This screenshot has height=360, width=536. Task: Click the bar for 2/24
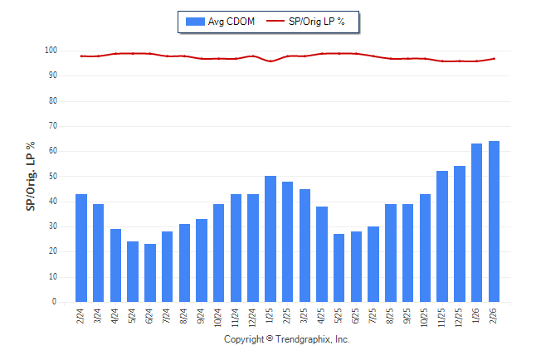(81, 248)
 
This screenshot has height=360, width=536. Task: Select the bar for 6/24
(150, 273)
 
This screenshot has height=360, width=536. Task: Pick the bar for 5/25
(339, 268)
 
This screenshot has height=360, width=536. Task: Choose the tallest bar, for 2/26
(495, 221)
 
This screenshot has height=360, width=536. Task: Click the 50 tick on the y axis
(52, 177)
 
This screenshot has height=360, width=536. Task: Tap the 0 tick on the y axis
(54, 303)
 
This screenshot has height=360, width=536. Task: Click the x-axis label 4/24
(116, 317)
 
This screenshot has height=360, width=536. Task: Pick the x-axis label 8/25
(391, 317)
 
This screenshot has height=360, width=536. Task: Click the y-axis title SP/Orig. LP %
(31, 176)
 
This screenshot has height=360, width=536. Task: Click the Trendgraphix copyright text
(287, 340)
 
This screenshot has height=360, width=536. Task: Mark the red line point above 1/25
(270, 61)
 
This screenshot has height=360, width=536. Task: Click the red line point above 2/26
(495, 59)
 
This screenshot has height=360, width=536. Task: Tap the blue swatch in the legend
(196, 21)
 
